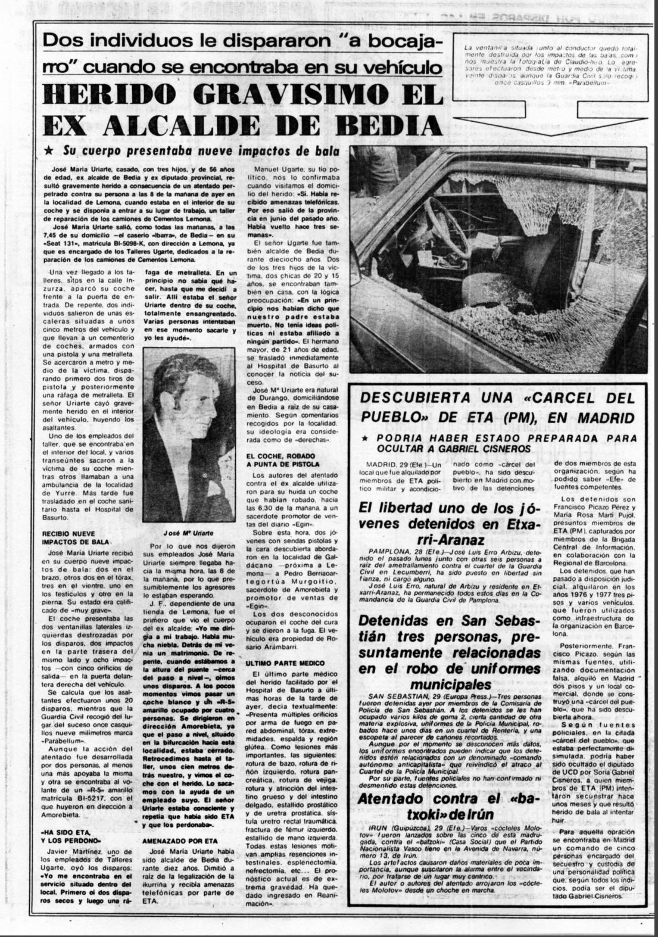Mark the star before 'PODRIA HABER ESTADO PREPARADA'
coord(365,438)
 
